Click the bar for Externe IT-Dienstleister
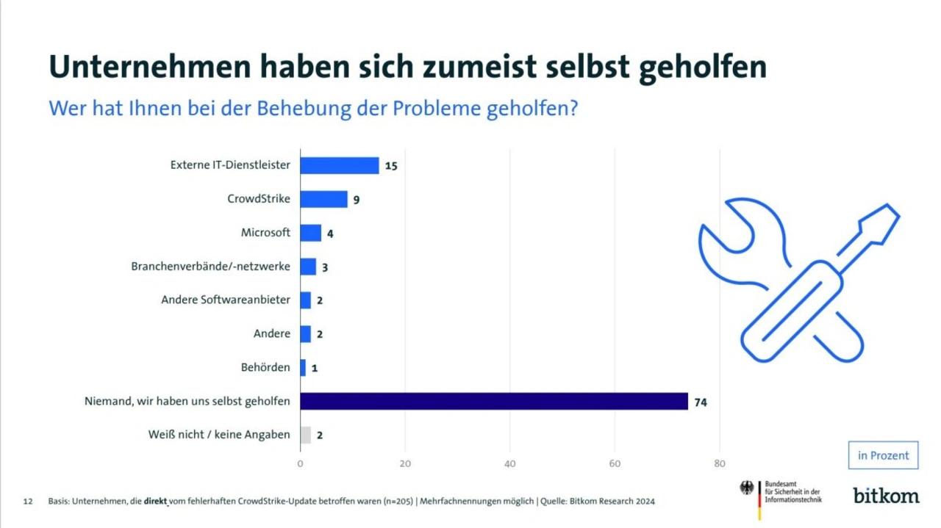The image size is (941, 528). [340, 165]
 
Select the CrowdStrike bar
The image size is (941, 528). [323, 199]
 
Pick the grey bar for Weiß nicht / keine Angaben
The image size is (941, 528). [305, 435]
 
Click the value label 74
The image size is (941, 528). [700, 402]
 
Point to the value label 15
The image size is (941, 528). [391, 166]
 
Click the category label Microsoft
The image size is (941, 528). [265, 233]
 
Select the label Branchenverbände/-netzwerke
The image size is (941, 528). [210, 266]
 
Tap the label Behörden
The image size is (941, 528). [265, 366]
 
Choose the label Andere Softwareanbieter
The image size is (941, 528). [226, 300]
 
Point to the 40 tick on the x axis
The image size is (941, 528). [509, 463]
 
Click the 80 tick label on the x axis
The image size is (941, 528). [719, 463]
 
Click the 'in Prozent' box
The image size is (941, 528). [883, 455]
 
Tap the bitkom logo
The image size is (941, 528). [886, 495]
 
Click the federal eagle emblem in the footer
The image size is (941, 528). [747, 488]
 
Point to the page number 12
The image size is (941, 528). [28, 502]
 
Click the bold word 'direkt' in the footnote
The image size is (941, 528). [156, 502]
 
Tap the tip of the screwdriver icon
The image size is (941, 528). [892, 211]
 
